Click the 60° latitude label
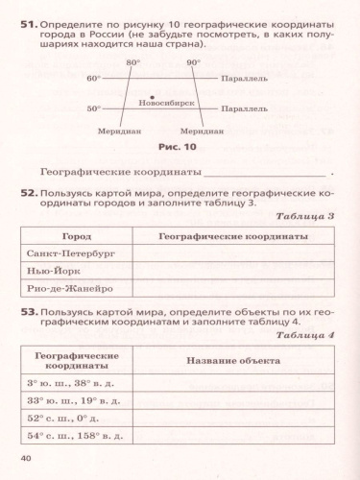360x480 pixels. (x=93, y=78)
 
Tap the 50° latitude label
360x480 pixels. (x=93, y=108)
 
